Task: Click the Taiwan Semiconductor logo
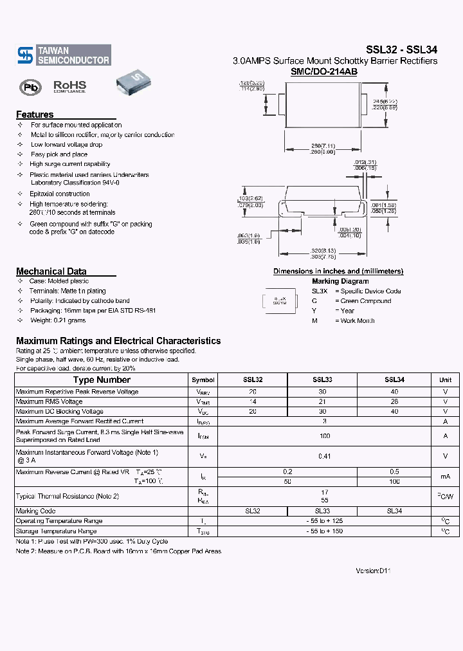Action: [63, 55]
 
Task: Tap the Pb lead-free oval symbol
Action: [30, 87]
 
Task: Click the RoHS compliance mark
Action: [69, 86]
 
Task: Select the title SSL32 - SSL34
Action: [401, 49]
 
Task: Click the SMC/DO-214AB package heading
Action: [324, 72]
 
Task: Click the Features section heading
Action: [35, 115]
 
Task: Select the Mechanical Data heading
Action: [51, 271]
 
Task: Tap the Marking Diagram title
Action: [340, 281]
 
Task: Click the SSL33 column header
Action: [322, 380]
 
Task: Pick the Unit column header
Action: [445, 380]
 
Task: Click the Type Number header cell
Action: [102, 380]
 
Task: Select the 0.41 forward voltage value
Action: [325, 456]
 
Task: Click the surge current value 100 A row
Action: [325, 436]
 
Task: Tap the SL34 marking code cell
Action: [394, 511]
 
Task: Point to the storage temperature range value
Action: [325, 531]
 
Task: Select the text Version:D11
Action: [373, 571]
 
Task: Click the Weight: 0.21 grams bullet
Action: [58, 320]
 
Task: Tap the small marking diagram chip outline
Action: [280, 300]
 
